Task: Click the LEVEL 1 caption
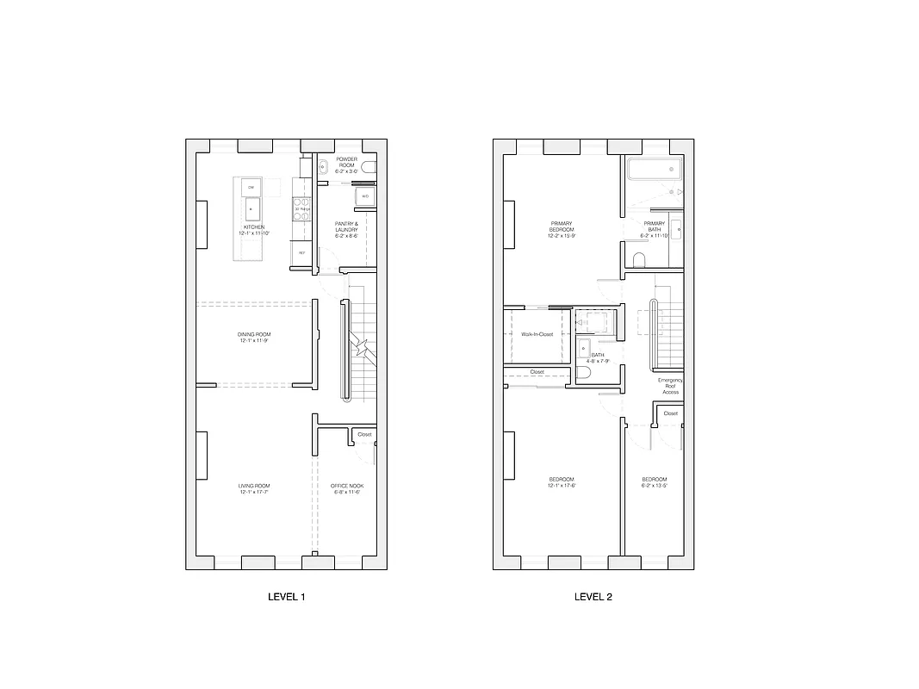coord(287,596)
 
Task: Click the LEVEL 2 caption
coord(593,596)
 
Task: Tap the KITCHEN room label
coord(254,227)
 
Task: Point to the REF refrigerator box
coord(301,252)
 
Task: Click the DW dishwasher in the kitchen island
coord(251,187)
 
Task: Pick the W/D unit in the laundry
coord(364,196)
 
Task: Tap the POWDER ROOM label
coord(346,162)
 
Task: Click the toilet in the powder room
coord(369,166)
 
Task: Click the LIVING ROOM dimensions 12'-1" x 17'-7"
coord(255,492)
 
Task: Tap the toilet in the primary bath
coord(639,259)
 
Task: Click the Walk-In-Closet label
coord(537,334)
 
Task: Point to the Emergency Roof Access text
coord(670,386)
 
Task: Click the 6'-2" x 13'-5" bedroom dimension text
coord(654,486)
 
